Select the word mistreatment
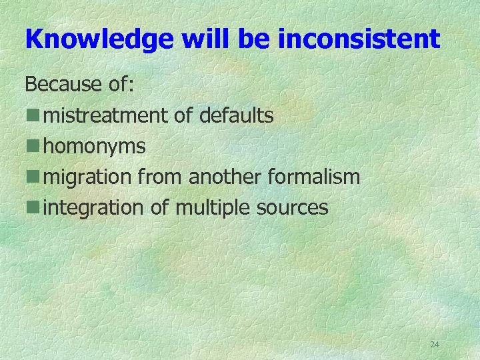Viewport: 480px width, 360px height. click(105, 115)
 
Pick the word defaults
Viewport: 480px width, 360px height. click(236, 115)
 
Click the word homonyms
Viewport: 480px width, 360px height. click(94, 147)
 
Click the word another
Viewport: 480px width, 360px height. click(226, 177)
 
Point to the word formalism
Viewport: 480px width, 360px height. click(315, 177)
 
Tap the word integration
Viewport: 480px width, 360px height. click(93, 208)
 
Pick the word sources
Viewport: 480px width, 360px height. click(295, 208)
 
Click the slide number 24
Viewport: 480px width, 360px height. click(435, 345)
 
